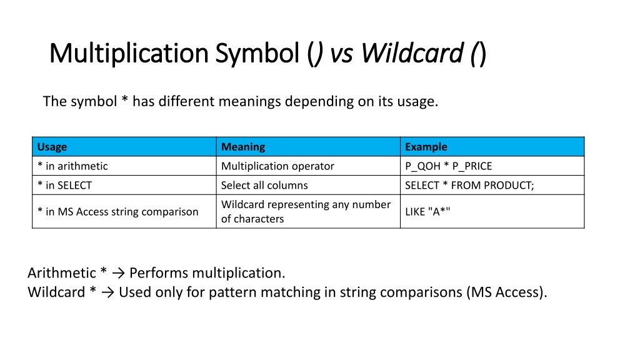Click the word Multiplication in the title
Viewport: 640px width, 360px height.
[x=129, y=53]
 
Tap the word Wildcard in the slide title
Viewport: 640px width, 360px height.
[x=412, y=53]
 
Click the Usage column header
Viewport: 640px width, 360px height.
[x=52, y=147]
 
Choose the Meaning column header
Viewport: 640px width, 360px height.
[x=243, y=147]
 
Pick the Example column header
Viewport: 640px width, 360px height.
[x=426, y=147]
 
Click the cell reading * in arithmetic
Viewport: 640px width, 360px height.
[x=72, y=166]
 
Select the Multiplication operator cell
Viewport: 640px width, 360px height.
[x=277, y=166]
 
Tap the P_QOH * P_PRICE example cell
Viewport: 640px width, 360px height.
[x=449, y=166]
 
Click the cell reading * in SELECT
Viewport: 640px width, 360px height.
[x=64, y=185]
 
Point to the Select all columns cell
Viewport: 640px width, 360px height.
[x=264, y=185]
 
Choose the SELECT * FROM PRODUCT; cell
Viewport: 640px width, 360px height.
[x=469, y=185]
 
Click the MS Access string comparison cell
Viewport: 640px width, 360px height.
[x=117, y=211]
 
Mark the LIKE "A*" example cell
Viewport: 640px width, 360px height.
[x=427, y=211]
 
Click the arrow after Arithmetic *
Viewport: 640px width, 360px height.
[x=118, y=273]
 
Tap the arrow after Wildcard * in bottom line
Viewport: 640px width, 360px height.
[x=107, y=292]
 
